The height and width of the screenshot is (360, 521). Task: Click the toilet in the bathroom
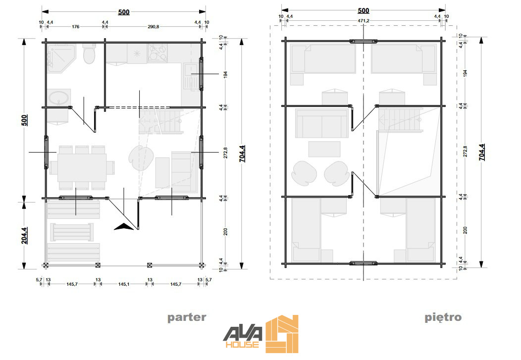tap(89, 54)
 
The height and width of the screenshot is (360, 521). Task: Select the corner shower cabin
tap(60, 57)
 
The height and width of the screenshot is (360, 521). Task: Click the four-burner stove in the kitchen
tap(157, 53)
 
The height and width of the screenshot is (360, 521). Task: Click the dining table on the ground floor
tap(82, 167)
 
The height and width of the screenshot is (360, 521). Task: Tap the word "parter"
tap(187, 317)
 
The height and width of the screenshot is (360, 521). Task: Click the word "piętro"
tap(443, 317)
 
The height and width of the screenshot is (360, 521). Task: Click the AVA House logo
tap(260, 334)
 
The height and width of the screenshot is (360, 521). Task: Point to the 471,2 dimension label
tap(363, 21)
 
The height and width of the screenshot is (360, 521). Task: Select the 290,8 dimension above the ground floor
tap(153, 27)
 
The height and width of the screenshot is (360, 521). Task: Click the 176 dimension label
tap(75, 27)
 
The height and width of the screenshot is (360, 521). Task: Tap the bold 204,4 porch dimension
tap(25, 236)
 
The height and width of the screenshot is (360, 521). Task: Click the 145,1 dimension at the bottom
tap(124, 284)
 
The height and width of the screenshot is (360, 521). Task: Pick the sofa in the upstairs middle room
tap(322, 123)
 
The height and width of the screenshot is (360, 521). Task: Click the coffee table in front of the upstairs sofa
tap(324, 149)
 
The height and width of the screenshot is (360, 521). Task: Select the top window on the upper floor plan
tap(363, 41)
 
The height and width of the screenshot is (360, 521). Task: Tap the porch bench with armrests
tap(72, 232)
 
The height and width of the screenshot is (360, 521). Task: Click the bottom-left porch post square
tap(46, 265)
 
